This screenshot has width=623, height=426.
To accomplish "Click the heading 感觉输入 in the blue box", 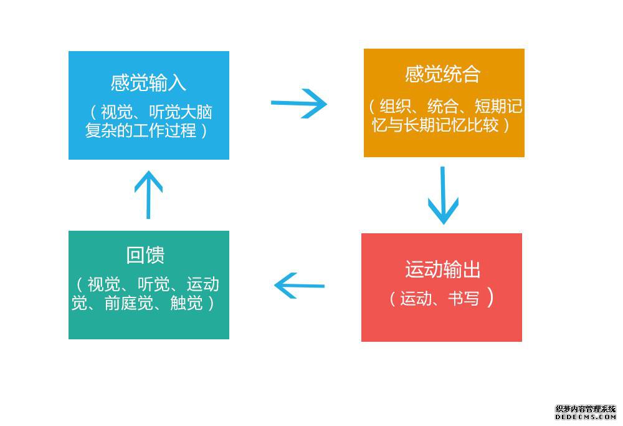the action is (x=148, y=83).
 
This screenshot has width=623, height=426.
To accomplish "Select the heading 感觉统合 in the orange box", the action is (x=442, y=74).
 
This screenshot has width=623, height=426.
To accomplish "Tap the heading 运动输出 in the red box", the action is (x=442, y=269).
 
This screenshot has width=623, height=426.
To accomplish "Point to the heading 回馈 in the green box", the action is (x=145, y=255).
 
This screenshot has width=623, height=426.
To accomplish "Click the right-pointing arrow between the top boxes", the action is (x=299, y=104).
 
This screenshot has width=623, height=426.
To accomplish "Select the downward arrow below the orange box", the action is (x=443, y=195).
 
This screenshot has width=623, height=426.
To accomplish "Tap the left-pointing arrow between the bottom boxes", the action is (x=299, y=286).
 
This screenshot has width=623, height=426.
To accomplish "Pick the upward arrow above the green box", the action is (x=149, y=195).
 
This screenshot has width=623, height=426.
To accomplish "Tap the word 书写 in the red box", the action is (x=464, y=298).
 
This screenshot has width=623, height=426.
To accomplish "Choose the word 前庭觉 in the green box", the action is (x=129, y=303).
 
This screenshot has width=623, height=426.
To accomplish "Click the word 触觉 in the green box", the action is (x=186, y=303).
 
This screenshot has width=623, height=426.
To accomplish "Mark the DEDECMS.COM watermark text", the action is (x=586, y=417).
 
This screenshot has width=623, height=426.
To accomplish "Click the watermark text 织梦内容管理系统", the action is (x=586, y=409).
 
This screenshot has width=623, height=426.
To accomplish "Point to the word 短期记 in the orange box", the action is (x=498, y=107).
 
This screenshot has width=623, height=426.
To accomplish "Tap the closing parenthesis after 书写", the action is (x=490, y=298).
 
